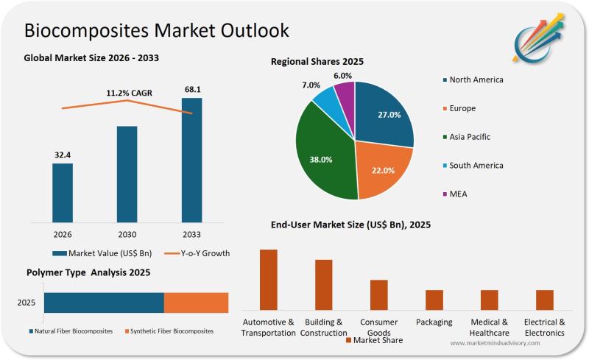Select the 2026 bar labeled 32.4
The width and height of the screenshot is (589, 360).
point(63,192)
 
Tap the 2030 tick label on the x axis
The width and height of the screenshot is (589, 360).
point(127,233)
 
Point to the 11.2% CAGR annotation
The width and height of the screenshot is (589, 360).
point(127,93)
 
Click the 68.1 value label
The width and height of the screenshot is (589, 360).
point(192,90)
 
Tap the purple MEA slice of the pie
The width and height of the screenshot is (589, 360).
point(345,94)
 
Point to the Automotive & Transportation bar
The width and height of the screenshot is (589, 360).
point(269,280)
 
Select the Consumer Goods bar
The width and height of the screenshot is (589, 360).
point(379,294)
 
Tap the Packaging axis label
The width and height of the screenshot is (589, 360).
point(434,322)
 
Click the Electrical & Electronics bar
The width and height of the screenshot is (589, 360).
point(544,300)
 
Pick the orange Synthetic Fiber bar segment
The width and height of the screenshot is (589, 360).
point(196,303)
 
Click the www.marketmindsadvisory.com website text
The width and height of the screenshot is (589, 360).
point(495,344)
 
